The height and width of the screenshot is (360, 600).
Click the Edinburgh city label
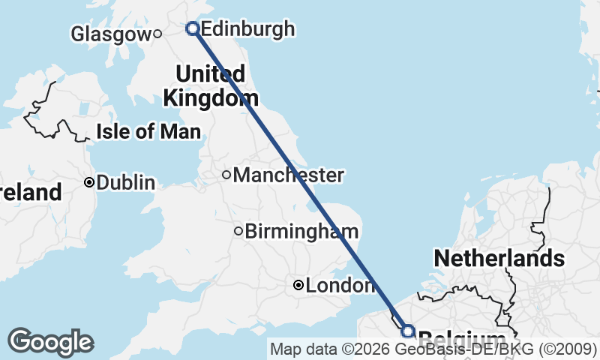(247, 29)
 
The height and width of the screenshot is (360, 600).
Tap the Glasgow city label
(110, 34)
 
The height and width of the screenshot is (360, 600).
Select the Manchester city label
(288, 175)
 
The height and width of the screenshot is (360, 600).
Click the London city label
(340, 286)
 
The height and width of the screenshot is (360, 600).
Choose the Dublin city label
(125, 182)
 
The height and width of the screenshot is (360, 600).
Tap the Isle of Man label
(148, 132)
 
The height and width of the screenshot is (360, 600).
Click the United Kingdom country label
(210, 85)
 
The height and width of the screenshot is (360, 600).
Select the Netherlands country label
(499, 259)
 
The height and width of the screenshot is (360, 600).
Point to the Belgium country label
(461, 338)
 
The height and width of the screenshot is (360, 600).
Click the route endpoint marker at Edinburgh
(193, 28)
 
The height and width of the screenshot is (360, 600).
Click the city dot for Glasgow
(157, 33)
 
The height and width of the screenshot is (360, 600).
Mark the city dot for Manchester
(226, 175)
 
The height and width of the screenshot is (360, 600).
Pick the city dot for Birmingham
(238, 231)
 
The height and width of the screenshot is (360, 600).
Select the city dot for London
(298, 285)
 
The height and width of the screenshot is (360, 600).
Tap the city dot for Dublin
(89, 182)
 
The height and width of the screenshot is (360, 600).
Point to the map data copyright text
(433, 349)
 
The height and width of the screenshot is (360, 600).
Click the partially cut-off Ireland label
(30, 193)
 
